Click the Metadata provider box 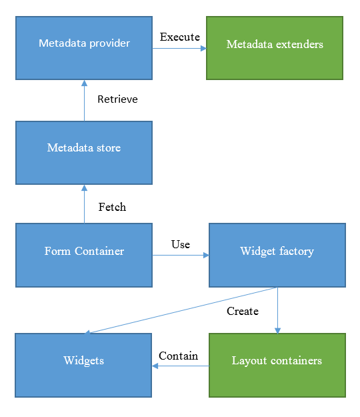tap(84, 48)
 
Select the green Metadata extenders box tap(275, 48)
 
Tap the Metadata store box tap(84, 153)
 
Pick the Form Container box tap(84, 255)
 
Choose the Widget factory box tap(277, 255)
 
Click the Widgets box tap(83, 365)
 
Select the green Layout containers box tap(277, 365)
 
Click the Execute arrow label tap(180, 37)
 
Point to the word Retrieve tap(118, 99)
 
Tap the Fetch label tap(112, 207)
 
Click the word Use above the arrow tap(181, 244)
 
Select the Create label tap(243, 311)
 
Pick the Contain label tap(178, 356)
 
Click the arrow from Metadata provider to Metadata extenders tap(179, 49)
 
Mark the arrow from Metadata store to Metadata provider tap(84, 101)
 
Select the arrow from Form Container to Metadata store tap(84, 204)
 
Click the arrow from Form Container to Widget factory tap(181, 256)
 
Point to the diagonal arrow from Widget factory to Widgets tap(181, 310)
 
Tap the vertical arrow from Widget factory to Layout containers tap(277, 310)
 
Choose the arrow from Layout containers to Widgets tap(181, 366)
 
